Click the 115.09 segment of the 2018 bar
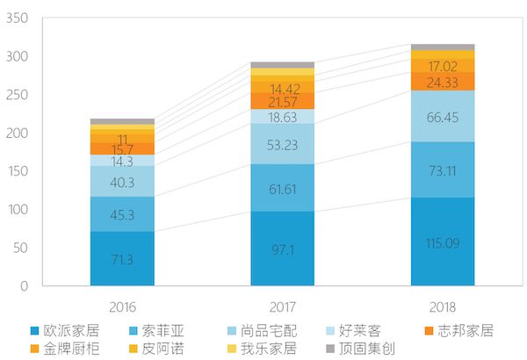[x=443, y=241]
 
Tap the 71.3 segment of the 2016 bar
[x=122, y=259]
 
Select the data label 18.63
[x=282, y=116]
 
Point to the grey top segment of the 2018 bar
[x=443, y=47]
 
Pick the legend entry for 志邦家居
[x=465, y=331]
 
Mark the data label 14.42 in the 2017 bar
[x=282, y=89]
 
